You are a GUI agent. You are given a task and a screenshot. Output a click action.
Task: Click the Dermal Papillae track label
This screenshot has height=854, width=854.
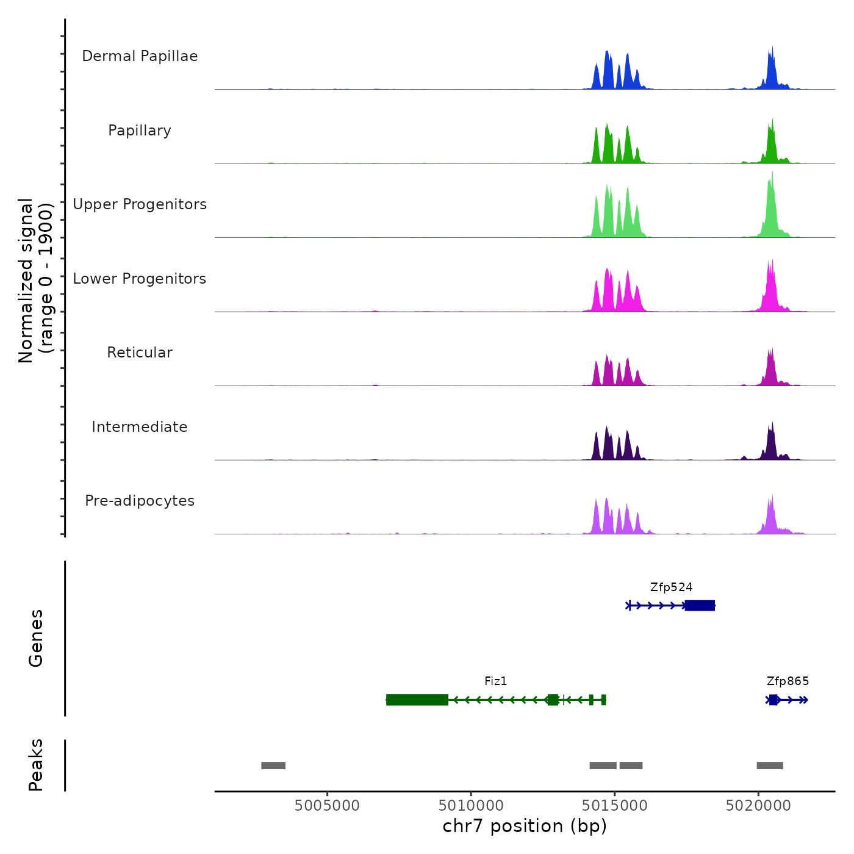click(x=140, y=56)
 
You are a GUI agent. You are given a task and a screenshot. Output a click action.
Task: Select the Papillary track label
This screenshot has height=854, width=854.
click(x=140, y=131)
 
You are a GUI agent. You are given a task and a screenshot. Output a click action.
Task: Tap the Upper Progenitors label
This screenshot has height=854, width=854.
click(x=140, y=204)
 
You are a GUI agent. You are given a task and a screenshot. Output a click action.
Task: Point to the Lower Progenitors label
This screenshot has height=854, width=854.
click(x=140, y=279)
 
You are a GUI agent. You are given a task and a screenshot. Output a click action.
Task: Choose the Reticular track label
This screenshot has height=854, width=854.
click(x=140, y=353)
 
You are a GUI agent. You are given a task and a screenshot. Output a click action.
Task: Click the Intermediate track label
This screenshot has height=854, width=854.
click(x=140, y=427)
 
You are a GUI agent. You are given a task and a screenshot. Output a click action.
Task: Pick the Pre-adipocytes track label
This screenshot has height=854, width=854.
click(x=140, y=501)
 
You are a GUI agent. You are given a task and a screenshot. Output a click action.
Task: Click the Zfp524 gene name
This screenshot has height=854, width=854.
click(x=671, y=587)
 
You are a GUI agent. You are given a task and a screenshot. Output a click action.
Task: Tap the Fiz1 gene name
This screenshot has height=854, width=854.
click(x=495, y=681)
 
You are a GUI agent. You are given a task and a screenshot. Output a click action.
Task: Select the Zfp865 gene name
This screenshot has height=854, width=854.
click(x=788, y=681)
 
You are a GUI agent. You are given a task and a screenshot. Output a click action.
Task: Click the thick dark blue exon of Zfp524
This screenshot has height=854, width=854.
click(x=700, y=606)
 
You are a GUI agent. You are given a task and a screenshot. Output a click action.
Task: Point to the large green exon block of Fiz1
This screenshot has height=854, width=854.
click(x=417, y=700)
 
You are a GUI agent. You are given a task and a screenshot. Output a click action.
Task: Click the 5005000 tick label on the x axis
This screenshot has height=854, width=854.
click(x=327, y=806)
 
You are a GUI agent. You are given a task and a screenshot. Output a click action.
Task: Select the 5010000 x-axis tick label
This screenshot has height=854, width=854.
click(x=471, y=806)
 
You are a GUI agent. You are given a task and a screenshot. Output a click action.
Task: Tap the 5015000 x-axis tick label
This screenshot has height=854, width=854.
click(x=614, y=806)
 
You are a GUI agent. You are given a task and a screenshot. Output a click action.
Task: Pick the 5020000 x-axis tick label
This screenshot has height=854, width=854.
click(x=758, y=806)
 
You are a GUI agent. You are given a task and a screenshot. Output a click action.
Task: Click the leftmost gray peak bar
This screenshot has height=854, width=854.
click(x=273, y=766)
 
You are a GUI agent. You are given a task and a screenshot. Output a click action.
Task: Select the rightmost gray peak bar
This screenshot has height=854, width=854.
click(x=770, y=766)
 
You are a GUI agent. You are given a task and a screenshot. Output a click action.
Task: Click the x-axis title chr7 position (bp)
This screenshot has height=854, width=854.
click(x=525, y=827)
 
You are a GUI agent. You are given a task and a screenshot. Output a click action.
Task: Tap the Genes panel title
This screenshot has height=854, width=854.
click(x=36, y=638)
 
